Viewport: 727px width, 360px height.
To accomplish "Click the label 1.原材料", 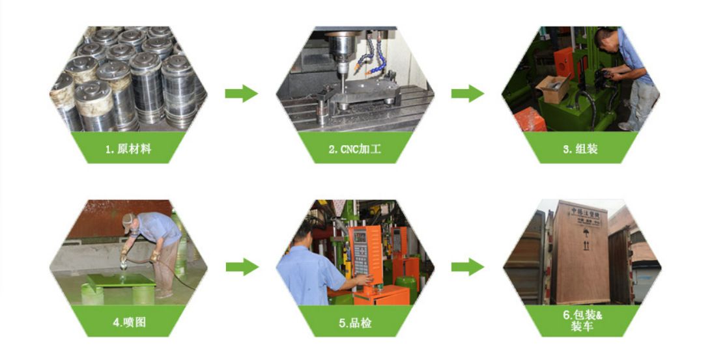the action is pos(128,149).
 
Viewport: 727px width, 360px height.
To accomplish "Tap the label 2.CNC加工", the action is pos(354,149).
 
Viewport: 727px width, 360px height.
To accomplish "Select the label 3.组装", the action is pos(580,149).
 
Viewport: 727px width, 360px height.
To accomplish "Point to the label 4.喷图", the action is pos(129,322).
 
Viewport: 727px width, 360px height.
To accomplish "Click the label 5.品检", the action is pos(354,323).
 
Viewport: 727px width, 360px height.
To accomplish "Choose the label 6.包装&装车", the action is pos(582,321).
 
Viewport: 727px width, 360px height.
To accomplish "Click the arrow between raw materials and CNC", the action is pos(241,94).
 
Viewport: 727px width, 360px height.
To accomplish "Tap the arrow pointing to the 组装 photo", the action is pos(467,94).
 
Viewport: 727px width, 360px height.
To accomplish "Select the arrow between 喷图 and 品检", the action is pos(242,267).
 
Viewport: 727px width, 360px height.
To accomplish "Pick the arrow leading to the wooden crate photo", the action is pos(467,267).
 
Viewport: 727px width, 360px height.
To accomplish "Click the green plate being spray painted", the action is pos(121,280).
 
